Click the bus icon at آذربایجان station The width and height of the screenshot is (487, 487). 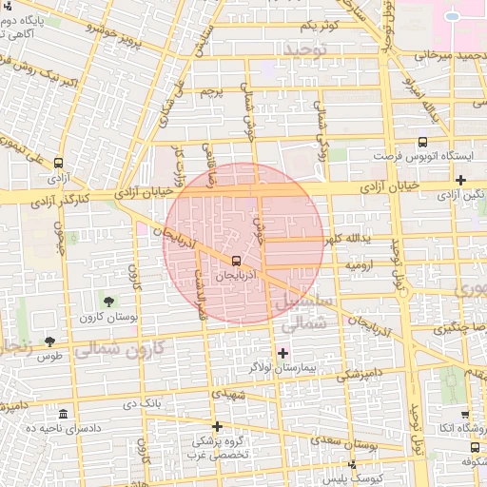pos(236,260)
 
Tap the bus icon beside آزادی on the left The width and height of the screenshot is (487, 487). pos(59,164)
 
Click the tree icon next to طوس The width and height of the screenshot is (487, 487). pos(49,341)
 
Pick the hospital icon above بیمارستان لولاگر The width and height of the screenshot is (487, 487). pos(282,353)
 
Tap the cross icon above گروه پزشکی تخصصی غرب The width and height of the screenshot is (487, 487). pos(218,426)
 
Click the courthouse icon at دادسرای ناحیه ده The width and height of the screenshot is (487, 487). pos(63,415)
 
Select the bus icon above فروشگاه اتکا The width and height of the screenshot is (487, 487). pos(465,415)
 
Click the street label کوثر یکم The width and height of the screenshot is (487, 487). pos(320,23)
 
